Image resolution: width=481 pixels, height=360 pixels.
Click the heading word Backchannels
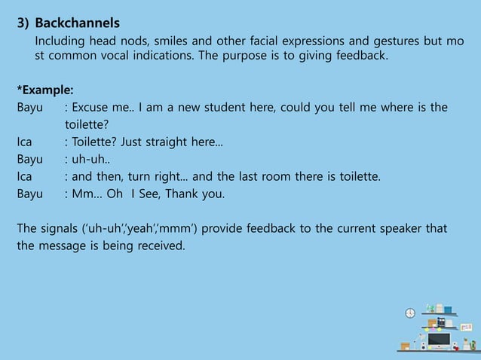click(77, 23)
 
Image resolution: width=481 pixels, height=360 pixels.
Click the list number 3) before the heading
click(24, 23)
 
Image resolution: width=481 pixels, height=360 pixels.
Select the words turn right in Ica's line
click(161, 177)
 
